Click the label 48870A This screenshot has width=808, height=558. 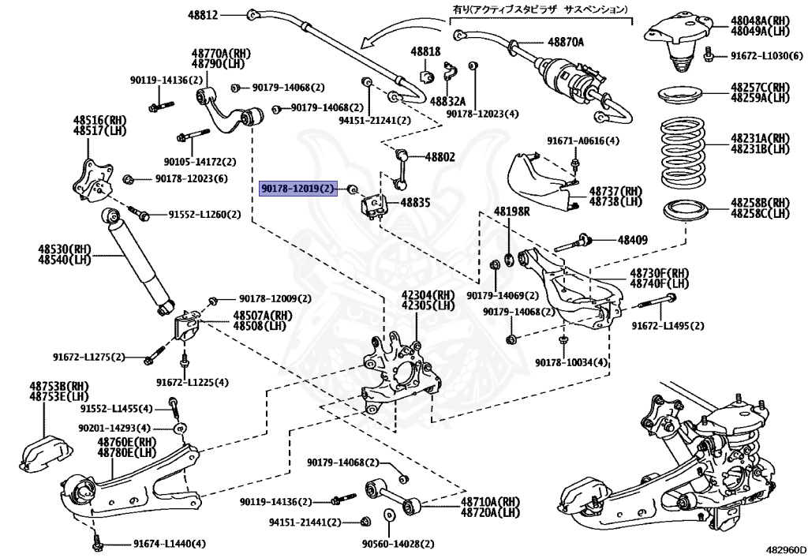click(x=566, y=41)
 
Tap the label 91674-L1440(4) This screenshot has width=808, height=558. click(x=169, y=544)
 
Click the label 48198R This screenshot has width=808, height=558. click(x=513, y=212)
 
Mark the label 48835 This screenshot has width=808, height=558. click(x=415, y=203)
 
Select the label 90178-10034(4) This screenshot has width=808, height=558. click(x=572, y=362)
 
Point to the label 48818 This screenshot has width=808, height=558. click(x=425, y=51)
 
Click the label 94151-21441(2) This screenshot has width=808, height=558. click(x=305, y=522)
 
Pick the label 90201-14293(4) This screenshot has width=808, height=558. click(x=114, y=427)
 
